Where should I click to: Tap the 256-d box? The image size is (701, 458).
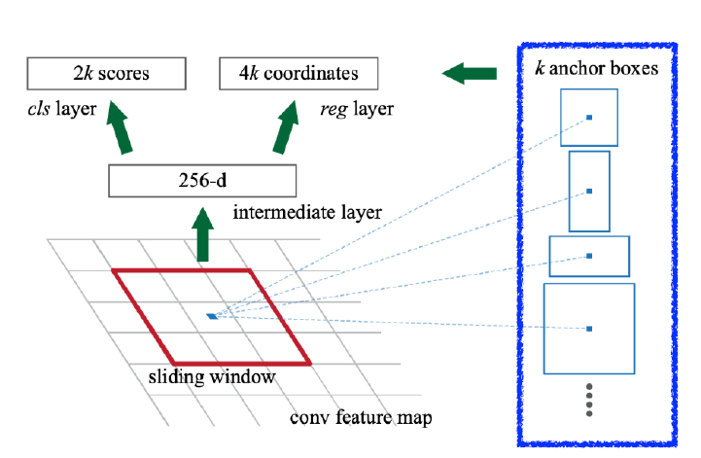pos(202,180)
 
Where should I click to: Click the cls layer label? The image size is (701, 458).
pos(62,108)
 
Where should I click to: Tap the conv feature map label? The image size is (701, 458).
pos(361,419)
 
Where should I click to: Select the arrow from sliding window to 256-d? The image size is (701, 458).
pos(202,237)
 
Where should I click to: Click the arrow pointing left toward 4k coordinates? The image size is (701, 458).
pos(468,72)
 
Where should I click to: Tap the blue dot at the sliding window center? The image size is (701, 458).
pos(212,316)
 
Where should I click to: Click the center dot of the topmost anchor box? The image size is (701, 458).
pos(589,119)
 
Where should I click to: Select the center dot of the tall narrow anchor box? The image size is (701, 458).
pos(589,192)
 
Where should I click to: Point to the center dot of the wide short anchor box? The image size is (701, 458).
pos(589,256)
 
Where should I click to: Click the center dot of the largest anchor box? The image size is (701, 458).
pos(589,329)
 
